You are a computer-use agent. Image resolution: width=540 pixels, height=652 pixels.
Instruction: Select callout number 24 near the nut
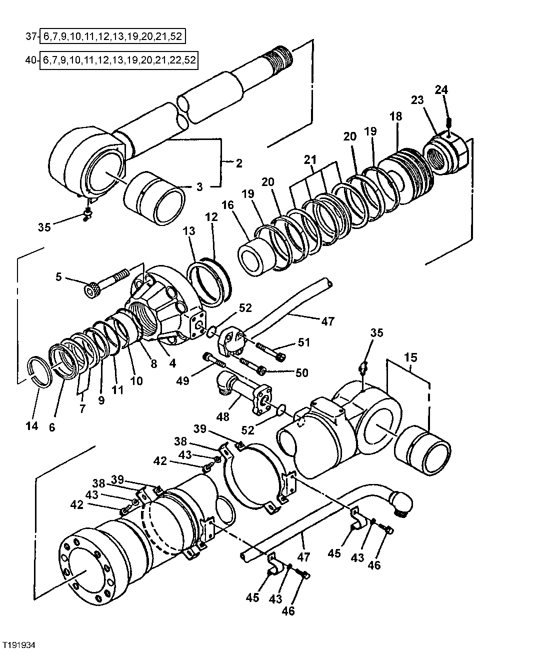pos(441,90)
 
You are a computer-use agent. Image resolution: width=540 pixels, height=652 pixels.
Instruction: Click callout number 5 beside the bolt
pos(58,276)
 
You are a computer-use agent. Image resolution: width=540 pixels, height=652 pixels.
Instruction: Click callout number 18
pos(395,116)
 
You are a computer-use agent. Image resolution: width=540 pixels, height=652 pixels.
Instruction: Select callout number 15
pos(410,357)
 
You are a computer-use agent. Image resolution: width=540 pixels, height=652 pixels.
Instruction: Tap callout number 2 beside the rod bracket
pos(239,162)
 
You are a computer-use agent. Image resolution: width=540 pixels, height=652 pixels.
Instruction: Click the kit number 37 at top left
pos(30,36)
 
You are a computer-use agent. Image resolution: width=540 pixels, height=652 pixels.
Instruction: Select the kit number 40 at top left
pos(30,60)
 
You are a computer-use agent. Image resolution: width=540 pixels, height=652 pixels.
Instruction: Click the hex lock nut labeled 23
pos(446,151)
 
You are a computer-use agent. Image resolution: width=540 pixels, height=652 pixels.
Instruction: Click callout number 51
pos(304,342)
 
